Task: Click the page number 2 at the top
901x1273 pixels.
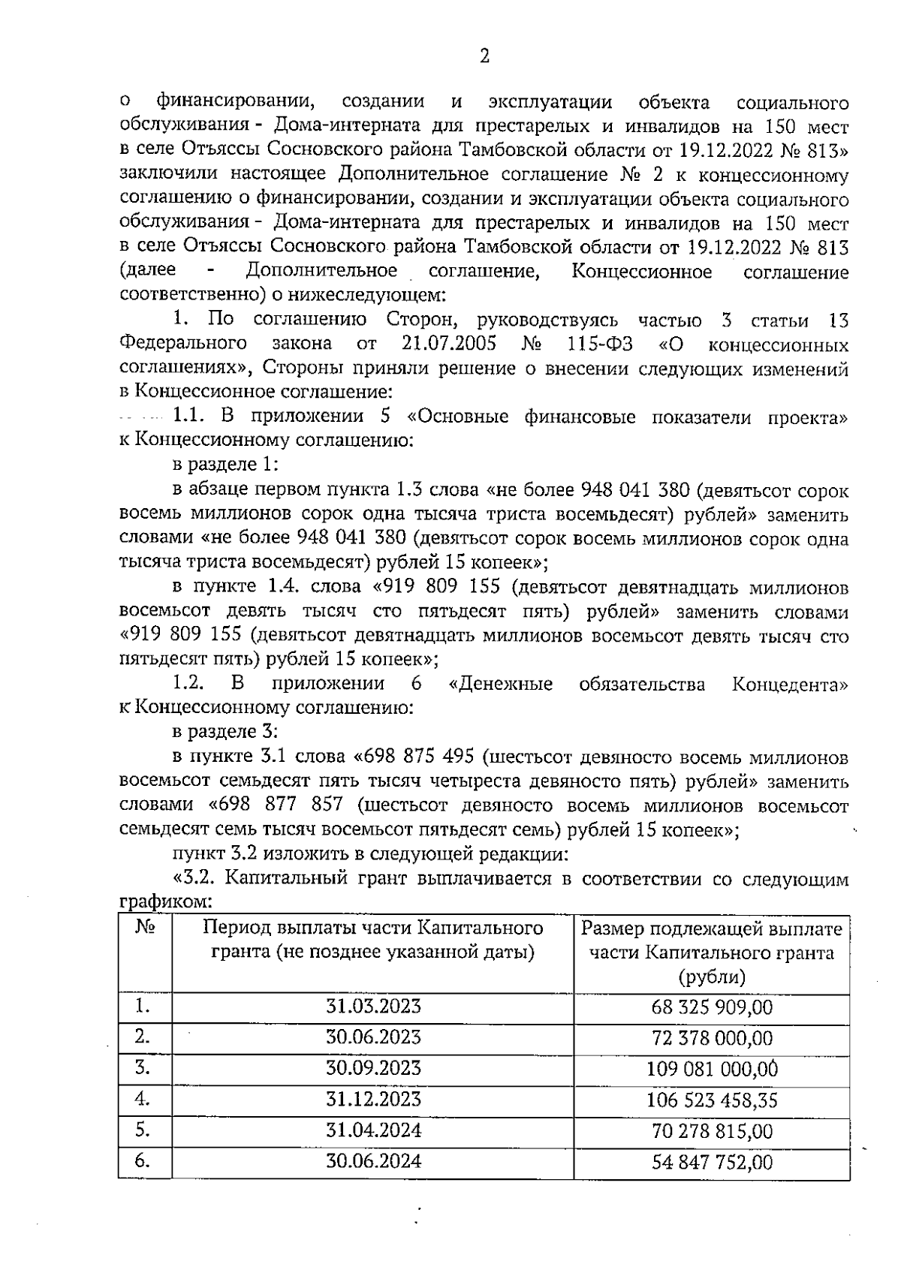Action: [484, 57]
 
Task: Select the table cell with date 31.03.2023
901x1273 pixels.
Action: [373, 1007]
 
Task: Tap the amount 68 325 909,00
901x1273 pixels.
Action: [712, 1007]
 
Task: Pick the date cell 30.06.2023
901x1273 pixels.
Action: [373, 1037]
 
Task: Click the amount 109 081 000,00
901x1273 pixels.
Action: [712, 1069]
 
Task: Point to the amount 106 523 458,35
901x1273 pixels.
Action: [712, 1100]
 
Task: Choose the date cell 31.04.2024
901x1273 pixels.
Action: [373, 1130]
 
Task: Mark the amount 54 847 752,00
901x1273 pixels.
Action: [712, 1163]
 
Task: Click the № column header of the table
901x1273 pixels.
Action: [145, 928]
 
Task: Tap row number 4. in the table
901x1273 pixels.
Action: [143, 1100]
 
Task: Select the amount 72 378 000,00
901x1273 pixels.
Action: [712, 1039]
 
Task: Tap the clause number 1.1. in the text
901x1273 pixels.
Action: [190, 417]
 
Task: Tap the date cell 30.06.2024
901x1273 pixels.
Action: [373, 1162]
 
